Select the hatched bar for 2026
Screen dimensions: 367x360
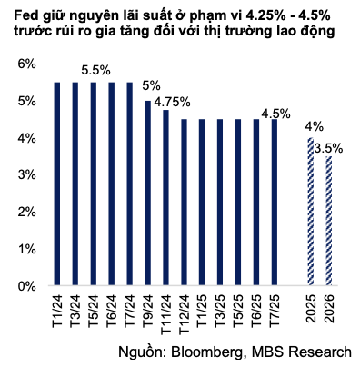(327, 222)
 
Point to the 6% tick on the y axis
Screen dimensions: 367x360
(25, 64)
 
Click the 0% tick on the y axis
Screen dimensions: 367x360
(25, 286)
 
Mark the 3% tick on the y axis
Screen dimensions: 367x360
(25, 175)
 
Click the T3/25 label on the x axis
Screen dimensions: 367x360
(219, 309)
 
